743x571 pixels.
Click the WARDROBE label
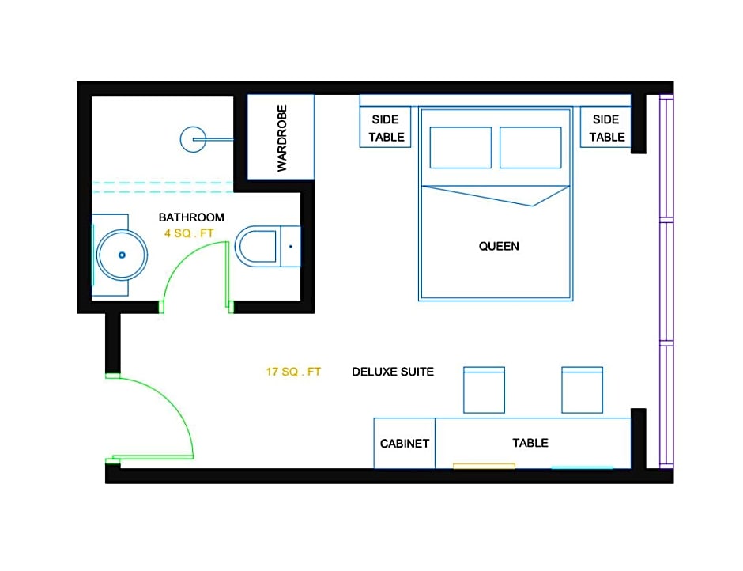(282, 138)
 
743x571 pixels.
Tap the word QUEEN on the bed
(499, 246)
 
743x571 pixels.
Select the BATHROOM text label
(191, 217)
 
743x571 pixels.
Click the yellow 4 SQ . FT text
(189, 233)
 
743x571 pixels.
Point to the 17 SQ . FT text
(293, 372)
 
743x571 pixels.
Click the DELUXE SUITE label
(393, 372)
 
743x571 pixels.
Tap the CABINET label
(405, 444)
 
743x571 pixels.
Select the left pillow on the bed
(461, 147)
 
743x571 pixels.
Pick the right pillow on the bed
(530, 147)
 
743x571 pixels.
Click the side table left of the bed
(385, 127)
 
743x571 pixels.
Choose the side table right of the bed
(605, 127)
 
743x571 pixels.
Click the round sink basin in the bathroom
(122, 255)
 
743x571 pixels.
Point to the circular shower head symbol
(193, 139)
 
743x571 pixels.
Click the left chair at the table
(484, 390)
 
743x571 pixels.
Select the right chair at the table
(582, 390)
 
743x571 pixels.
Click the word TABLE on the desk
(530, 443)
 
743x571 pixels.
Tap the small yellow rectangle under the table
(484, 466)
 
